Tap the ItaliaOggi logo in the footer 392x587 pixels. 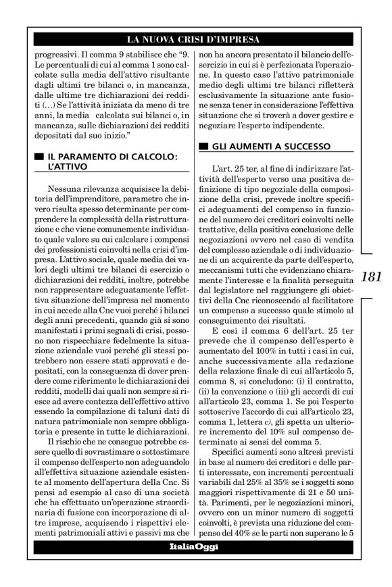[195, 565]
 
